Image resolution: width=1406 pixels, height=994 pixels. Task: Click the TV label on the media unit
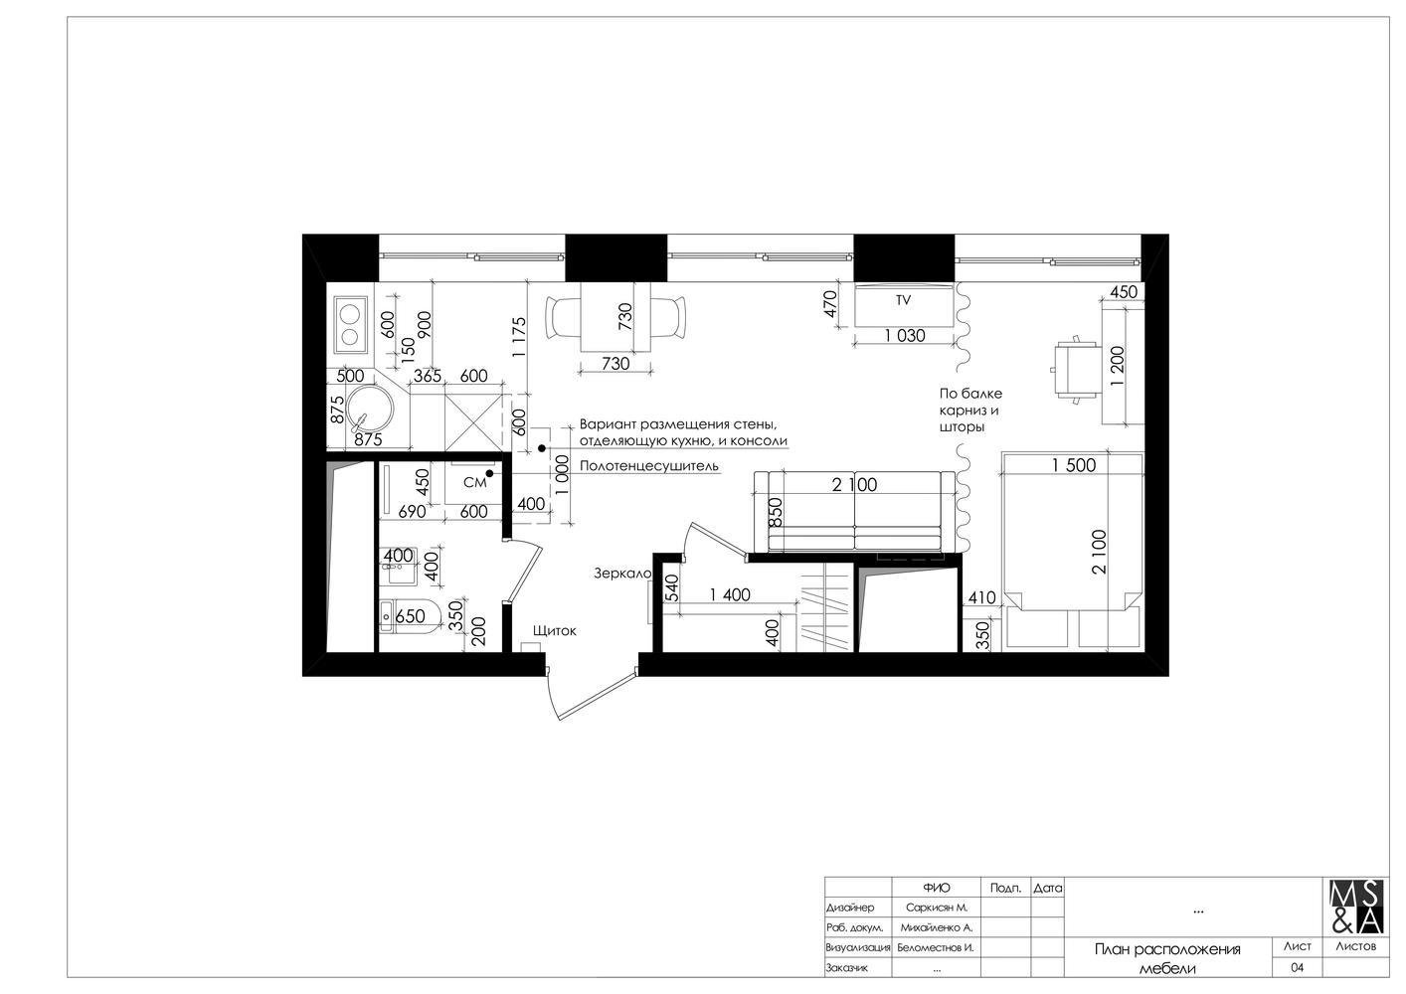(903, 300)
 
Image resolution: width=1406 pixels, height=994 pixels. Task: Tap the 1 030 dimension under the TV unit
(905, 336)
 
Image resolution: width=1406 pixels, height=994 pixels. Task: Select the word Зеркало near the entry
(622, 573)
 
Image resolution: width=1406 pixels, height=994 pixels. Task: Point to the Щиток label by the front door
(554, 630)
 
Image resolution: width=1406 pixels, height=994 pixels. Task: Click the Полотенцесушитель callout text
(648, 466)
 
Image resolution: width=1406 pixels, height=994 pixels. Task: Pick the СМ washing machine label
(474, 482)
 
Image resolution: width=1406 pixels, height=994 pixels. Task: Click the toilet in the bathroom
(411, 616)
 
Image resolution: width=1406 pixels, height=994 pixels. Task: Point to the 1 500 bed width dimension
(1073, 465)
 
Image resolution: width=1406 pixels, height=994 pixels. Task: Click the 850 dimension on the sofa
(776, 512)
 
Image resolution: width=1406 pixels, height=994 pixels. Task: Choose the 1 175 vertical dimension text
(519, 338)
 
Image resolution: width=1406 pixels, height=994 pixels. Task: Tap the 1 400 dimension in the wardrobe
(730, 594)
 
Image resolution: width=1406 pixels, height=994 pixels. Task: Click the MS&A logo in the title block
(1356, 907)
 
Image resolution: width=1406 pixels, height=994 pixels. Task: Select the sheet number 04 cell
(1297, 967)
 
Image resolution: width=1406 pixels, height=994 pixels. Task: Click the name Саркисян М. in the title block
(937, 908)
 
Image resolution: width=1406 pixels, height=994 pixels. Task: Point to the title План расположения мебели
(1167, 958)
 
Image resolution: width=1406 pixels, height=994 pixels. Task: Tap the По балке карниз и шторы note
(970, 411)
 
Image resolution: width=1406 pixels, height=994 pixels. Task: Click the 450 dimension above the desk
(1124, 292)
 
